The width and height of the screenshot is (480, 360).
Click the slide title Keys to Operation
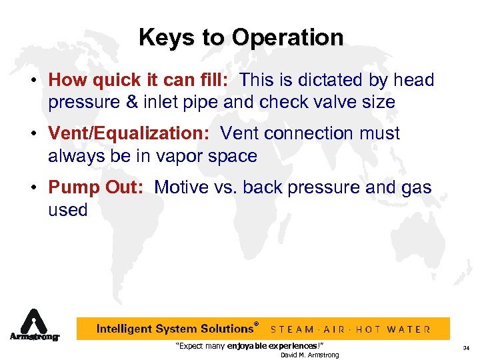click(241, 37)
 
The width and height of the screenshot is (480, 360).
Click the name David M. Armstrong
click(309, 355)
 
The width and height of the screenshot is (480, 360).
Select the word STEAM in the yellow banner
click(294, 329)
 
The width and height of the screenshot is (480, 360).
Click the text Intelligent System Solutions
click(175, 329)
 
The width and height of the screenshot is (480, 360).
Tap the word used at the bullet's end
click(68, 210)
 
